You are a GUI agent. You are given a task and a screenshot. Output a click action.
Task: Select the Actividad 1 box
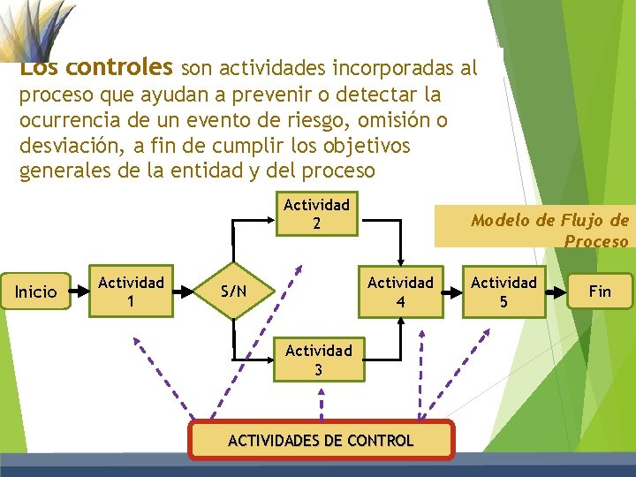(x=131, y=291)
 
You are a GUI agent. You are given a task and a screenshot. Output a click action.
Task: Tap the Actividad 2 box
(x=316, y=214)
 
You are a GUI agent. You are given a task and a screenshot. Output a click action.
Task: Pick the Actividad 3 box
(x=318, y=360)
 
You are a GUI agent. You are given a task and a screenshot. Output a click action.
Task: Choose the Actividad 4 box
(x=400, y=291)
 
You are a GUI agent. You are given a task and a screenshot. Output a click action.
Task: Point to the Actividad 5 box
(x=503, y=291)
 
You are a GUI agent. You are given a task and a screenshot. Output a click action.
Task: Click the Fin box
(x=600, y=291)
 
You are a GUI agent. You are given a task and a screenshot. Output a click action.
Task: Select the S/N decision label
(x=234, y=291)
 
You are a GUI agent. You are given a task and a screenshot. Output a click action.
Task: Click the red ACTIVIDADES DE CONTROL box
(x=321, y=440)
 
